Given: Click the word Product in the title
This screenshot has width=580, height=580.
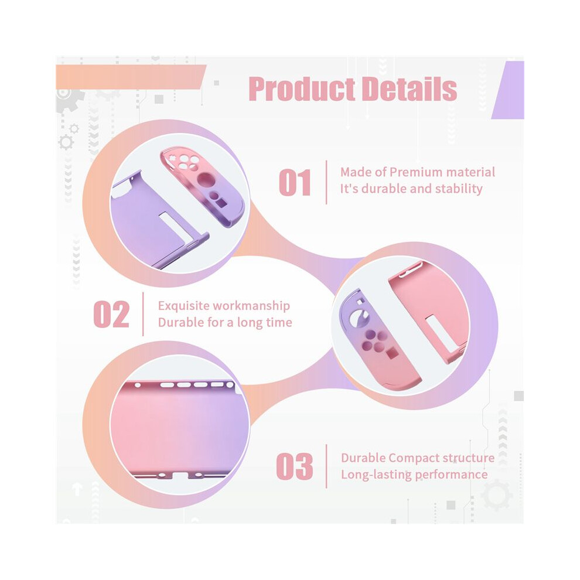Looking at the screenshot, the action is click(302, 89).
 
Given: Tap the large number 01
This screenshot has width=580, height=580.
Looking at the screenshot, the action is click(295, 182).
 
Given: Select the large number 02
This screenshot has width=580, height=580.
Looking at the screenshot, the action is click(111, 315).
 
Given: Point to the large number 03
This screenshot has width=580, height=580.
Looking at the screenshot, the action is click(295, 466).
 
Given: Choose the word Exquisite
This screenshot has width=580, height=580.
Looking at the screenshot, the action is click(184, 306).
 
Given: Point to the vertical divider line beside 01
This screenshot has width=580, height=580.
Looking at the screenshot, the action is click(326, 182).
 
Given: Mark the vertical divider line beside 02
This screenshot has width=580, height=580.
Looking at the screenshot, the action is click(143, 314).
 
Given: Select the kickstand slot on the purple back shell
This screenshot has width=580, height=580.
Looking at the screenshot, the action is click(173, 228).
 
